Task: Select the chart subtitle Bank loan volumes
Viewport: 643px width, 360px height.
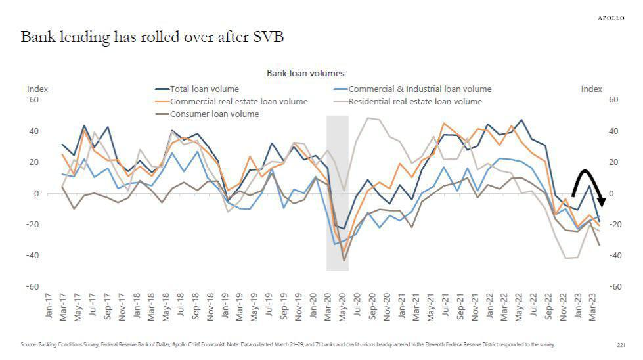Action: [305, 73]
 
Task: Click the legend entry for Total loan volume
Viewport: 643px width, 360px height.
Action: [204, 89]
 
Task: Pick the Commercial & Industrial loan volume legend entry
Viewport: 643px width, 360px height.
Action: [419, 89]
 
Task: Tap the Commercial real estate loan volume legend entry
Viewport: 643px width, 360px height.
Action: [238, 102]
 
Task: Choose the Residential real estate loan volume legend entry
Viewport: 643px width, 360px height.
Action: [415, 102]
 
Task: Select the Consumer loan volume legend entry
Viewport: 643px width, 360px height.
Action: [214, 114]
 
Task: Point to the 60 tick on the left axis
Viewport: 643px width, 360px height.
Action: [33, 100]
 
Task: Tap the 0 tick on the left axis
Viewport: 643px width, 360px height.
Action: [37, 193]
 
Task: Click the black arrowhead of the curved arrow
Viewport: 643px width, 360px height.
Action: [600, 202]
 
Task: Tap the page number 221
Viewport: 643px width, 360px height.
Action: [621, 344]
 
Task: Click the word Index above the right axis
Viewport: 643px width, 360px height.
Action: [591, 89]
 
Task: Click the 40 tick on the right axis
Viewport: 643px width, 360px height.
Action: [614, 131]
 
